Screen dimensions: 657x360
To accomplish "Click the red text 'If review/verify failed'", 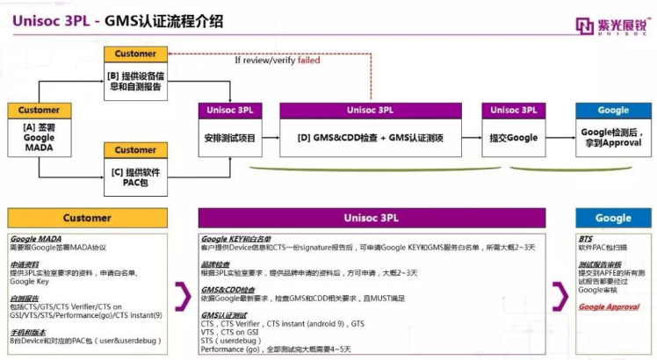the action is pyautogui.click(x=277, y=61).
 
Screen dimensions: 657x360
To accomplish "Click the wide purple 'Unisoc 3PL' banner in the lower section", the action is pyautogui.click(x=374, y=218).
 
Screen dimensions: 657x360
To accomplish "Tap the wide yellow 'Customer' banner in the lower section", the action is pyautogui.click(x=86, y=218).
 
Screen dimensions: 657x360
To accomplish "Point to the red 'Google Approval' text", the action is pyautogui.click(x=609, y=307).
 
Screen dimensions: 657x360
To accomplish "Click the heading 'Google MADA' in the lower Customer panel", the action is pyautogui.click(x=36, y=239).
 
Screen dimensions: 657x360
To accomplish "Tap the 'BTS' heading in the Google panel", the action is pyautogui.click(x=586, y=239).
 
